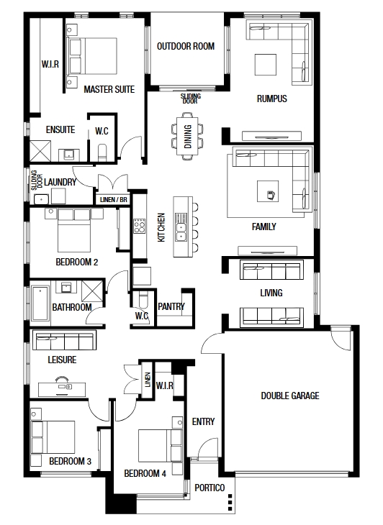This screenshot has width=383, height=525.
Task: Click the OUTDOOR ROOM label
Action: coord(186,46)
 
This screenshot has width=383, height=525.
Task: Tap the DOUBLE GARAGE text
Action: coord(290,396)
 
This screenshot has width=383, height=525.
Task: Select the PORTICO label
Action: coord(209,488)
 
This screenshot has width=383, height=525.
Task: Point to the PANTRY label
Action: coord(171,306)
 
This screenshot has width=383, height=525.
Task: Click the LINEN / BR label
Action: coord(114,200)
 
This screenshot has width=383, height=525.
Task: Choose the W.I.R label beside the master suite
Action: coord(50,64)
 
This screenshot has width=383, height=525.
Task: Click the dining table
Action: coord(188,136)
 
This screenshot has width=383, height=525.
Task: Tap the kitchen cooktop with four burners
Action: coord(140,226)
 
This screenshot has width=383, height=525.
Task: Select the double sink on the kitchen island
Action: coord(181,227)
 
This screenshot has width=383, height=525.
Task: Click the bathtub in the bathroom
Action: coord(40,303)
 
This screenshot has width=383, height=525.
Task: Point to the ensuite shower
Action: coord(40,151)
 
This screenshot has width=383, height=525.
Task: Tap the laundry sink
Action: coord(42,199)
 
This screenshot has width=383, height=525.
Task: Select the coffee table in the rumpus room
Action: coord(266,65)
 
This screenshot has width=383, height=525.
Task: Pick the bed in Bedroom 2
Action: coord(74,231)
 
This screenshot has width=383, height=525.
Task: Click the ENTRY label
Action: coord(203,421)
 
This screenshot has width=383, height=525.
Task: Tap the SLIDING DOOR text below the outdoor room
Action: coord(191,99)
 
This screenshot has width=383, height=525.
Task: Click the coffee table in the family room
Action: coord(268,191)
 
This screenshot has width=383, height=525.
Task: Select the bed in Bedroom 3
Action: coord(53,437)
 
